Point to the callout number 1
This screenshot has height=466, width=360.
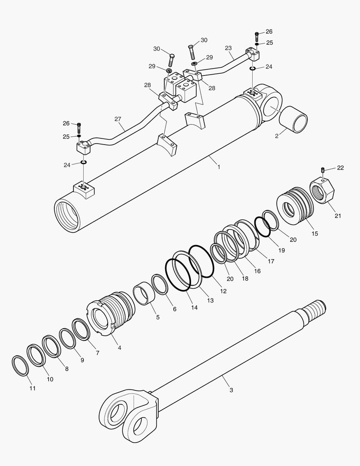click(x=219, y=167)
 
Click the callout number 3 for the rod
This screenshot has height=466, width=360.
click(x=231, y=390)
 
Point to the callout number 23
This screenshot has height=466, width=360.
click(x=229, y=48)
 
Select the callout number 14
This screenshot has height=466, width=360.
click(x=194, y=307)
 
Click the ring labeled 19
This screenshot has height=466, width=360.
click(x=262, y=227)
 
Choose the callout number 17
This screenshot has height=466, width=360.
click(x=271, y=261)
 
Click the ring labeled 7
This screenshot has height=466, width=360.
click(x=81, y=330)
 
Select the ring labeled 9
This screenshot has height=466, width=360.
click(x=67, y=338)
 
